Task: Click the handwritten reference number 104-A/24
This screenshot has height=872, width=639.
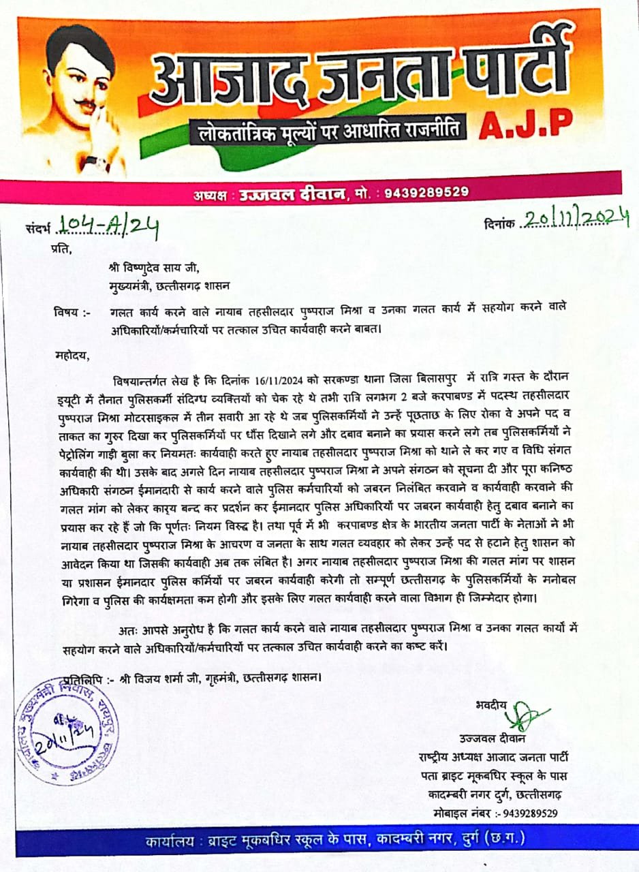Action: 109,225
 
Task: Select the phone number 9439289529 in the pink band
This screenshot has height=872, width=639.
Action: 426,193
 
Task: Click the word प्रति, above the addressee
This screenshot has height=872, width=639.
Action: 61,249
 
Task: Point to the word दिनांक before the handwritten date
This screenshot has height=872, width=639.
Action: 500,223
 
